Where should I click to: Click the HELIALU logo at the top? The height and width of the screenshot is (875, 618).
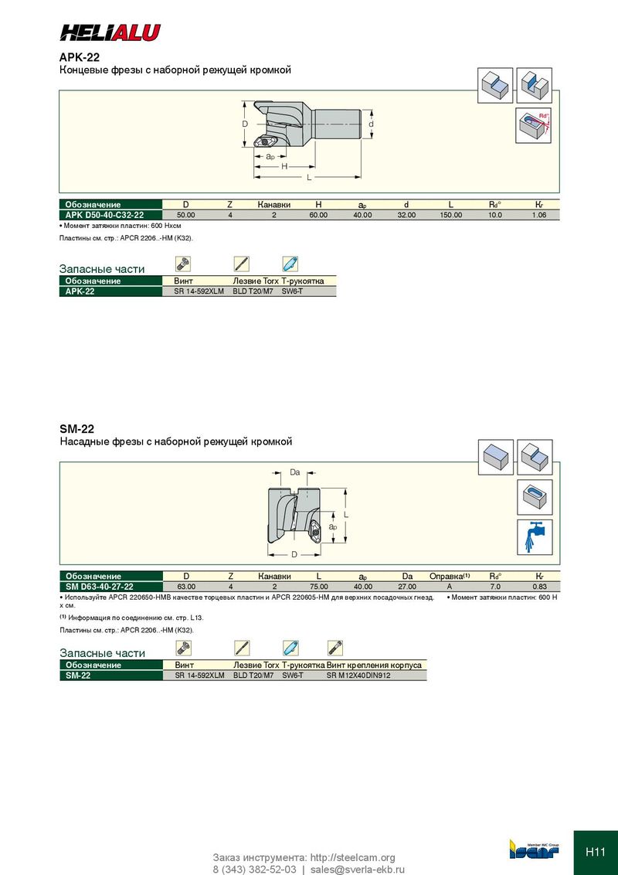tap(110, 32)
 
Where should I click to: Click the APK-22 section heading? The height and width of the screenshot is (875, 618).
tap(80, 57)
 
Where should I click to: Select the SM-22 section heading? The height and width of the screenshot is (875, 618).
tap(77, 428)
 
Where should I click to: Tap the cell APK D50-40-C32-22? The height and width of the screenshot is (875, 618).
tap(110, 215)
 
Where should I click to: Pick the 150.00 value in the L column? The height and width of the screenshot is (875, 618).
tap(451, 215)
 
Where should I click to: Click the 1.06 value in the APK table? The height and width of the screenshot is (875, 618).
tap(539, 215)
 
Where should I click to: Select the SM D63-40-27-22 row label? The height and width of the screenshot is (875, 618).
tap(110, 587)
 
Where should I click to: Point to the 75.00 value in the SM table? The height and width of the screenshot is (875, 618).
tap(319, 587)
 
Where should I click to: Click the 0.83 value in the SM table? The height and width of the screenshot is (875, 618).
tap(539, 587)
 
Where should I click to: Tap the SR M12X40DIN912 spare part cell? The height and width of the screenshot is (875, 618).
tap(358, 676)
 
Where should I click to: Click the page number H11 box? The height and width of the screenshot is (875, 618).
tap(596, 852)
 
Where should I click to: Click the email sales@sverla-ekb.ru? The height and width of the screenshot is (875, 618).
tap(357, 869)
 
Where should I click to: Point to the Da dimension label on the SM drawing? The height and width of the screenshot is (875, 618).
tap(294, 472)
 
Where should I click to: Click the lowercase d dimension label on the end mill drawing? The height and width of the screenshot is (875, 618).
tap(371, 124)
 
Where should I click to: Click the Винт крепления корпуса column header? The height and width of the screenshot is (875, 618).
tap(374, 665)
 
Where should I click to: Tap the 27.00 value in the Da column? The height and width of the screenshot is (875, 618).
tap(407, 587)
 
